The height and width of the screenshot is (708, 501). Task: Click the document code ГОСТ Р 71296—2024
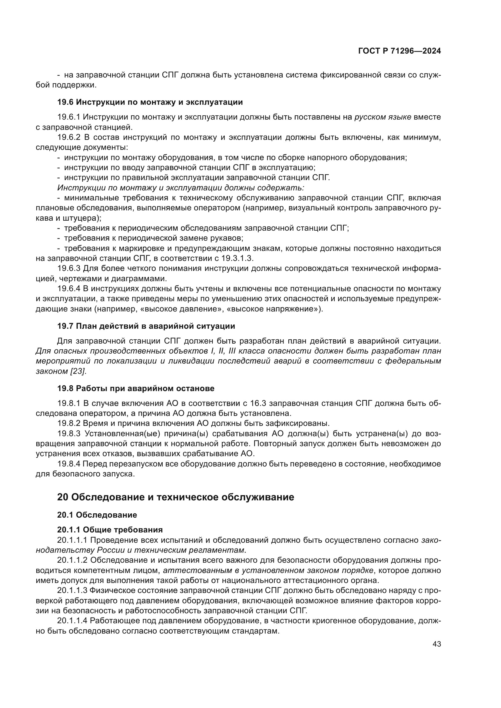click(400, 51)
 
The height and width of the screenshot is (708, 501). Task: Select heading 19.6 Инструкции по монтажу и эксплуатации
click(150, 102)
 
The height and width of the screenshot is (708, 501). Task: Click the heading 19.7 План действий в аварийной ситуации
click(146, 326)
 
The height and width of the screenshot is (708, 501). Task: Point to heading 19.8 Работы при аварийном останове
click(136, 389)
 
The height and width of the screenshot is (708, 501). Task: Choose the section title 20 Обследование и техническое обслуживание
click(176, 497)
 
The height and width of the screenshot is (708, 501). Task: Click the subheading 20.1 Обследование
click(97, 515)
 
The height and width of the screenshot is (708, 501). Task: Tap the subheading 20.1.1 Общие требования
click(110, 530)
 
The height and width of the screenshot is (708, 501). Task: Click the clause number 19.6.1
click(69, 117)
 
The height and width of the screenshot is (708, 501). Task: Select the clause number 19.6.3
click(69, 268)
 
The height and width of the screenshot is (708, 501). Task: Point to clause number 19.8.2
click(69, 423)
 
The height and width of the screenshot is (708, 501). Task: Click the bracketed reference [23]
click(78, 371)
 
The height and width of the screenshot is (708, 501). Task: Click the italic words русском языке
click(383, 117)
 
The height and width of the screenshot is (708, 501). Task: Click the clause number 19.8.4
click(69, 464)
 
